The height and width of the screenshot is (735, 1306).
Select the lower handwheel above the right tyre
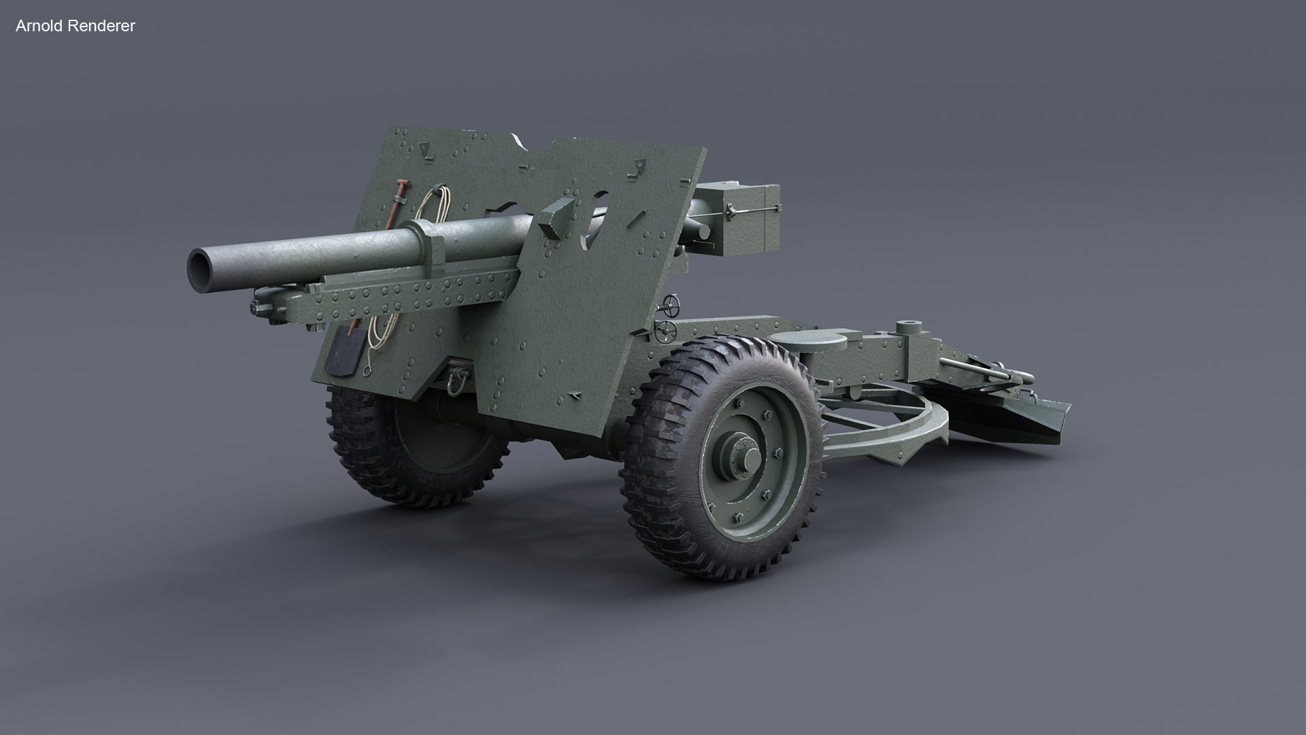666,332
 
